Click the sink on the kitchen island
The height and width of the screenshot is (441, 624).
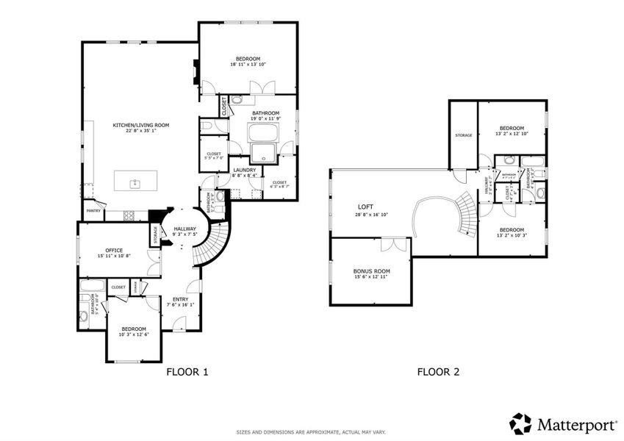(x=135, y=183)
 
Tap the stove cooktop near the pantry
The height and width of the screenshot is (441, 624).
(x=130, y=215)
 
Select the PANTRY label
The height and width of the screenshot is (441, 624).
(x=93, y=211)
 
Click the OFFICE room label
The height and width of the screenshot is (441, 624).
(x=114, y=250)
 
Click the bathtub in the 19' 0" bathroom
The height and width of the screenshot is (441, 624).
(x=262, y=133)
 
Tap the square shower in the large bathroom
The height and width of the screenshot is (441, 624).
(x=262, y=153)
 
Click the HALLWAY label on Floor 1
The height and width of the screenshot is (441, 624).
(x=184, y=229)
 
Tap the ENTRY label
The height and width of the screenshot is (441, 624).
(x=180, y=299)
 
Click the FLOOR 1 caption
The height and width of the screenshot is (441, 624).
(x=188, y=372)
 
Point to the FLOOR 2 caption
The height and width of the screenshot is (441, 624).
(x=438, y=372)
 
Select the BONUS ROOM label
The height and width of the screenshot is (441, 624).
(x=371, y=271)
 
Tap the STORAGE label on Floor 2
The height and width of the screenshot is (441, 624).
(x=463, y=135)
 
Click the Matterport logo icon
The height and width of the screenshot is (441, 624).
(x=520, y=423)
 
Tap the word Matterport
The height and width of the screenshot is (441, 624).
(x=574, y=423)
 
